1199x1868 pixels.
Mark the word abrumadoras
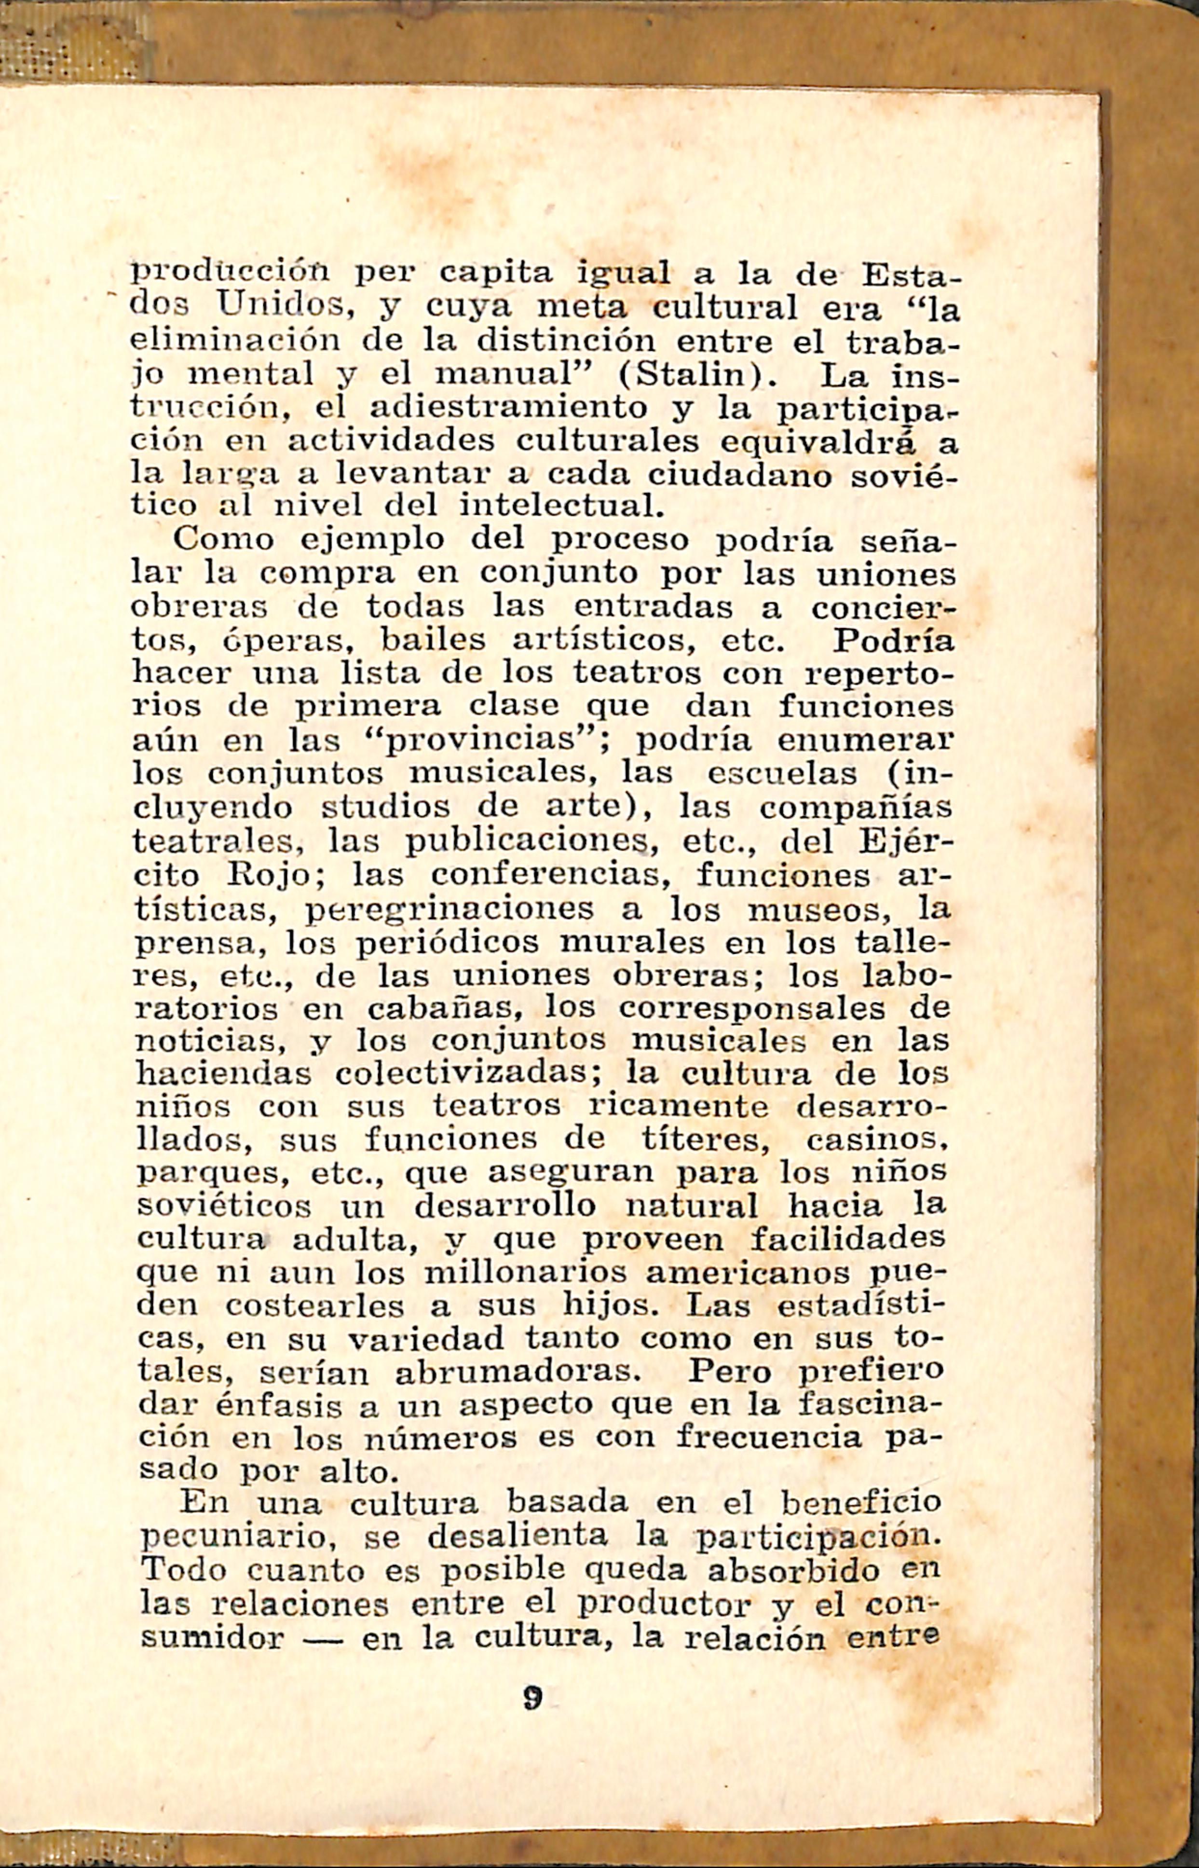pos(517,1372)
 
